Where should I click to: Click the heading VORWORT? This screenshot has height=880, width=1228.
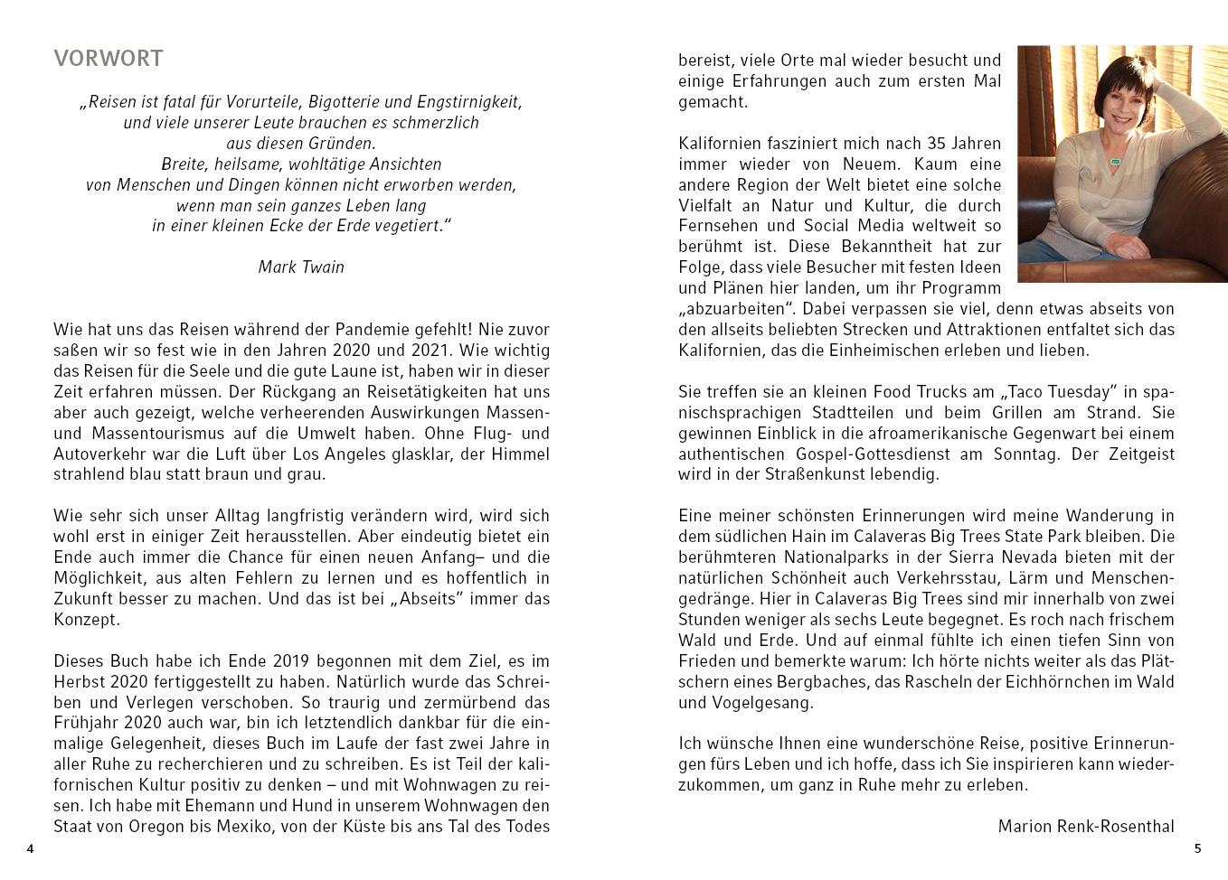click(x=109, y=59)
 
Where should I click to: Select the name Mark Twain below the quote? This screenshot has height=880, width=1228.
click(x=301, y=267)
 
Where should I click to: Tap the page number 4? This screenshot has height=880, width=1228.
click(x=30, y=849)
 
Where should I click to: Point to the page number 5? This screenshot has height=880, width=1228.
click(x=1198, y=848)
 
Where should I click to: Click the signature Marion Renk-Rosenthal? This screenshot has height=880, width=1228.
click(x=1086, y=827)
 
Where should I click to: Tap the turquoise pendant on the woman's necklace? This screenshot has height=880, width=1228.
click(x=1115, y=162)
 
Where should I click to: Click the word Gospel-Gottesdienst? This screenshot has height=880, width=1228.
click(x=872, y=454)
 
